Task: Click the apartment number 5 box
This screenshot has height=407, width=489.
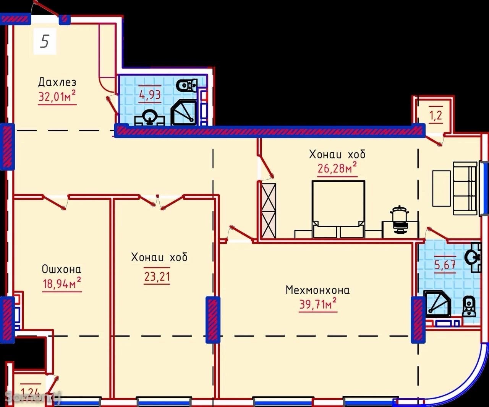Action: pos(44,41)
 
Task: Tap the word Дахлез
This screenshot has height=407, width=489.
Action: pos(57,82)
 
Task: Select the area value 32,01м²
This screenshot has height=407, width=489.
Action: pos(57,96)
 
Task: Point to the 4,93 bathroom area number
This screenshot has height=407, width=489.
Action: pos(150,95)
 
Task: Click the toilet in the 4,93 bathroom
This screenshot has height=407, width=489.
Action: pos(187,86)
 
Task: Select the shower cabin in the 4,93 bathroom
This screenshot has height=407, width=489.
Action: pos(184,112)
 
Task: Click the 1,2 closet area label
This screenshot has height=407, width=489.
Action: pos(436,116)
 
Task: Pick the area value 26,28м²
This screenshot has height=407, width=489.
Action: pos(337,168)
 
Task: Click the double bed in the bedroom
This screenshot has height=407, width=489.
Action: pos(338,209)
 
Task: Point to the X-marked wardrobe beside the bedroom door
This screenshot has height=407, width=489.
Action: pos(269,210)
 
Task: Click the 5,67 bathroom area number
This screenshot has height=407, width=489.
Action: pos(445,265)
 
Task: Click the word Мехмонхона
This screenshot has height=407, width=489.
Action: pos(317,290)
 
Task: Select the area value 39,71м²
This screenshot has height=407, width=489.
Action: pos(318,304)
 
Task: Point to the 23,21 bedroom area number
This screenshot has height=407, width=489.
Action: pos(157,277)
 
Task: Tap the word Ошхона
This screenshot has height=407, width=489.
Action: pos(62,269)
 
